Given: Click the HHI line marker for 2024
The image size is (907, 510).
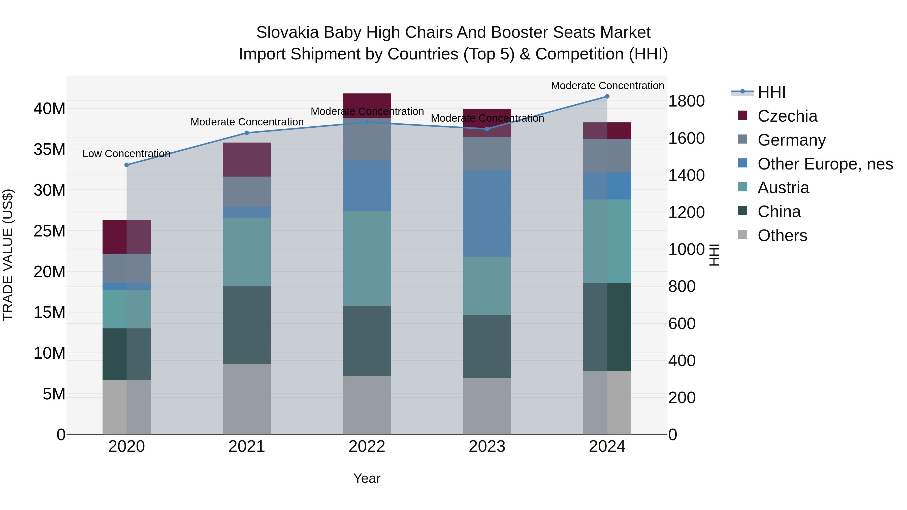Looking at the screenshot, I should click(607, 96).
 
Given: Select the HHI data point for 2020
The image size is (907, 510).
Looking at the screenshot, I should click(127, 165).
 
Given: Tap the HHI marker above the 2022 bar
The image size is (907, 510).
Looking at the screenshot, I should click(367, 122).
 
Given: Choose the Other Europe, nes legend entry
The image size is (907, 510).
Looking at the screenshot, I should click(825, 164).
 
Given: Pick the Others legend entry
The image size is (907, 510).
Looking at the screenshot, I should click(782, 235).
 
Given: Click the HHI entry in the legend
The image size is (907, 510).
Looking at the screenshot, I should click(771, 92).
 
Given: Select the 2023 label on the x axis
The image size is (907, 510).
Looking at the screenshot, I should click(487, 447).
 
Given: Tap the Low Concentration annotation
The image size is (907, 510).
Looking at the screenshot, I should click(126, 154).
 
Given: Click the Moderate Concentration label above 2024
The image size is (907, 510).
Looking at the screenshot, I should click(607, 86).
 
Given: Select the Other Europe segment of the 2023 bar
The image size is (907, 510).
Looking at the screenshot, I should click(487, 213).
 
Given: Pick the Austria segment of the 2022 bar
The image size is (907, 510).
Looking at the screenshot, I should click(367, 258).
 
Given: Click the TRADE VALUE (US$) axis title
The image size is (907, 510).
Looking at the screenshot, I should click(8, 255).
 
